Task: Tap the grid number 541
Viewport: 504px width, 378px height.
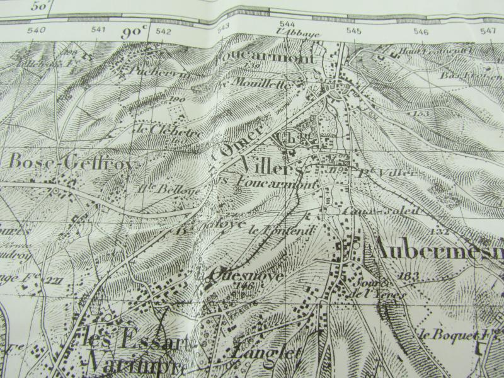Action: pos(98,30)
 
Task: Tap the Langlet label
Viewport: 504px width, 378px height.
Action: pos(266,355)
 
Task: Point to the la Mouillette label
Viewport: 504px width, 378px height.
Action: pos(255,83)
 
